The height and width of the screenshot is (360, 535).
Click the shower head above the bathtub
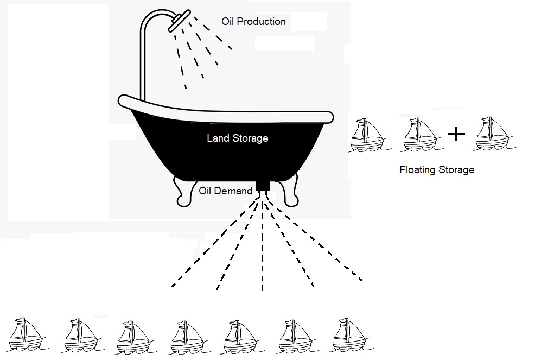(x=179, y=21)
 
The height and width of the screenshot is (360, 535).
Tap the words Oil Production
(x=253, y=22)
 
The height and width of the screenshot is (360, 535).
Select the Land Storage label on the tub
(x=238, y=138)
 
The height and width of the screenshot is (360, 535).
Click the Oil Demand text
(x=226, y=191)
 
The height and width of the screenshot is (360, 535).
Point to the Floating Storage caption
(x=437, y=170)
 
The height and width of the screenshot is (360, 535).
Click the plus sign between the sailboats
(x=456, y=134)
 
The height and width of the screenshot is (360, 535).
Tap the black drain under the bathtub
(x=263, y=186)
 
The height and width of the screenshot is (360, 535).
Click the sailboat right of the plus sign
(x=495, y=134)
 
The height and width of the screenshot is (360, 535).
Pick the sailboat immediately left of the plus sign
(x=422, y=135)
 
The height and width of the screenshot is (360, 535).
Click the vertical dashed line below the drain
(x=263, y=246)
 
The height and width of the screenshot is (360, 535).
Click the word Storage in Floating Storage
(x=456, y=170)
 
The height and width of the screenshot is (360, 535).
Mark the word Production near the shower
(x=261, y=22)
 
